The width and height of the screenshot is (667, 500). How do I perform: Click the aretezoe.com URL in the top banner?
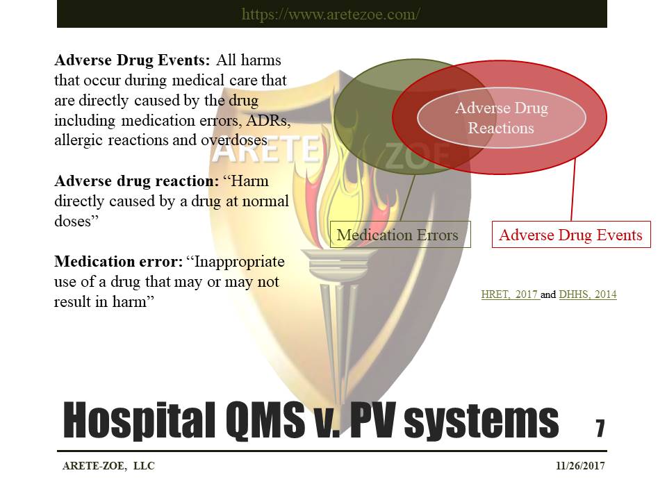click(331, 14)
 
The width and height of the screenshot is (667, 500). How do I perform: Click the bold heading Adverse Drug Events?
click(131, 60)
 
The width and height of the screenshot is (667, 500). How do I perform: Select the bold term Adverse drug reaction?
click(135, 181)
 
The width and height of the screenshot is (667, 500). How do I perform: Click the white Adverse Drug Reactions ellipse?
click(501, 117)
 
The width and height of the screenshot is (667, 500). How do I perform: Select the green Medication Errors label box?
click(397, 235)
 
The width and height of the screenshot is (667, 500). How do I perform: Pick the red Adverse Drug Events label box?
click(570, 235)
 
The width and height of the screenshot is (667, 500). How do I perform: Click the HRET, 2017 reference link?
click(509, 294)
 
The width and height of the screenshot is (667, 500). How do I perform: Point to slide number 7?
click(600, 428)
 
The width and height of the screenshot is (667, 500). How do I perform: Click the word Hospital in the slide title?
click(135, 421)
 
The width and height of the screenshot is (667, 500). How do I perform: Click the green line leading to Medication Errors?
click(407, 198)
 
